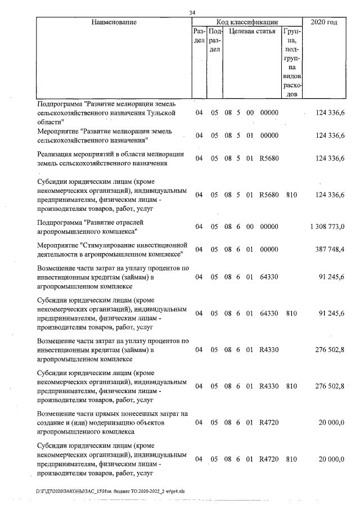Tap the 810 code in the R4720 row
291,460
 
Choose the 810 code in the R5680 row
291,195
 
